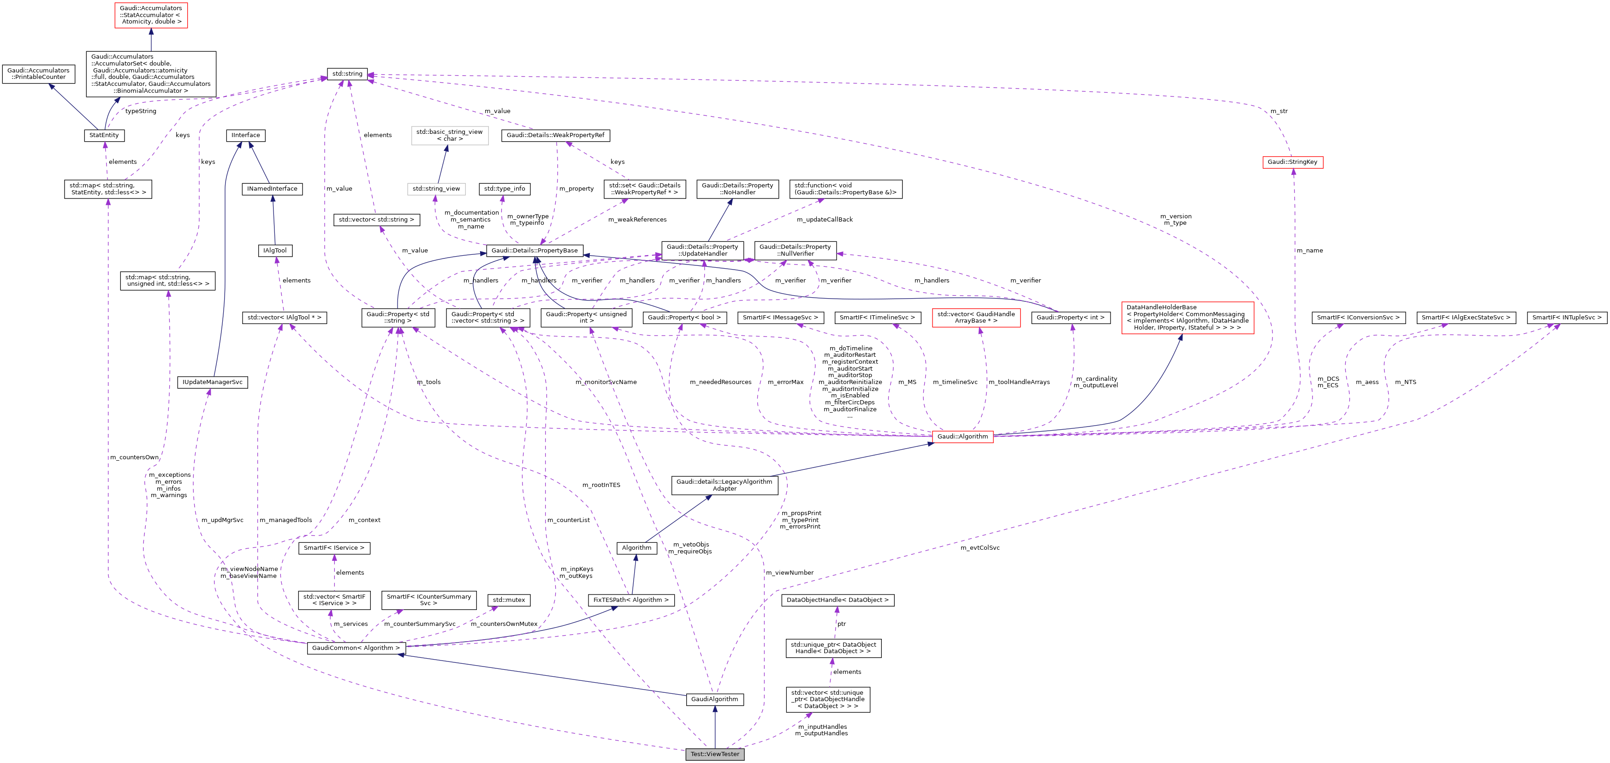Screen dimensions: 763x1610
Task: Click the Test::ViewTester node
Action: pos(714,754)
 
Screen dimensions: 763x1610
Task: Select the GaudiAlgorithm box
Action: pos(714,699)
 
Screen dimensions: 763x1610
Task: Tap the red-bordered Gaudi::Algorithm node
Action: pos(962,437)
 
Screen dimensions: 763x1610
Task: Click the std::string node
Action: pos(347,74)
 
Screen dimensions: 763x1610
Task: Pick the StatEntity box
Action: pos(104,135)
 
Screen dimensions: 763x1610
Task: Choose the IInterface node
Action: pos(246,135)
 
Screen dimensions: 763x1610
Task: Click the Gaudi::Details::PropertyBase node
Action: pos(535,251)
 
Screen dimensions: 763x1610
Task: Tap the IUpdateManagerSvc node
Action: pos(213,382)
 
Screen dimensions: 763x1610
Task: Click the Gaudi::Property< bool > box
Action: pos(684,318)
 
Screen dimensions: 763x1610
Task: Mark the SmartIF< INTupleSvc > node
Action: pos(1566,318)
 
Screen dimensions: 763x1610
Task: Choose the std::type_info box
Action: pos(505,189)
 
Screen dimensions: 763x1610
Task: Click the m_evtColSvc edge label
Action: pos(980,548)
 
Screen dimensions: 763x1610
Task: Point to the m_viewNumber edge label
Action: pos(790,573)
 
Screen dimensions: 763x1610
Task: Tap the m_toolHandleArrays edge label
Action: pos(1019,382)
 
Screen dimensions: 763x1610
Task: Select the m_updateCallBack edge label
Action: pos(825,220)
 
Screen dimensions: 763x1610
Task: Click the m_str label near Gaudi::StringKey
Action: pos(1279,111)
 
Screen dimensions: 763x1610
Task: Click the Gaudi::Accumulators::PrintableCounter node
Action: pos(38,74)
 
